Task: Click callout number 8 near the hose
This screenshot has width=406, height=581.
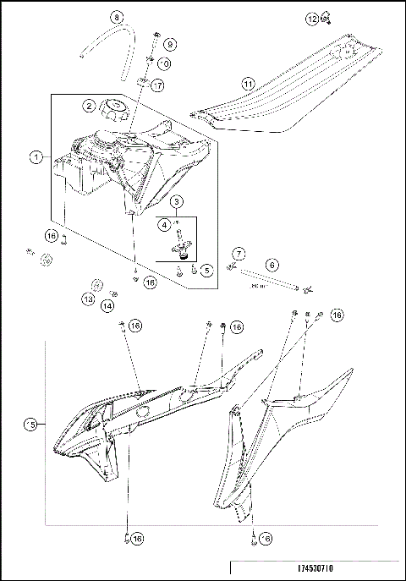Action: [117, 16]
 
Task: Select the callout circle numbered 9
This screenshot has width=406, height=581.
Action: [168, 44]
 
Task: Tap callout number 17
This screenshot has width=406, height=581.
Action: [158, 85]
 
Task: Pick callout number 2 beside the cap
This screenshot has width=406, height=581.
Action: [87, 107]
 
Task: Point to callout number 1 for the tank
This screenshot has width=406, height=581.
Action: [36, 156]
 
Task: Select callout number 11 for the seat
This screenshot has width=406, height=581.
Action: [248, 84]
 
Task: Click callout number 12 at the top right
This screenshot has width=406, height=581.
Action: [312, 18]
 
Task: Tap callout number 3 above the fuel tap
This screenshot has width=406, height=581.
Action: [175, 202]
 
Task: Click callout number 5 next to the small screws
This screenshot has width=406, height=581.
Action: [208, 271]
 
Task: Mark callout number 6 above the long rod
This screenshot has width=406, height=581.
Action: [272, 264]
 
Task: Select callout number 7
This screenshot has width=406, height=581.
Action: [239, 254]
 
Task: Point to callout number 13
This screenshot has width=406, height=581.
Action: [88, 299]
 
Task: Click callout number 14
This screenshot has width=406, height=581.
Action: [107, 305]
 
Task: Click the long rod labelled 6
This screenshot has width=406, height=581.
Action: [271, 285]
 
